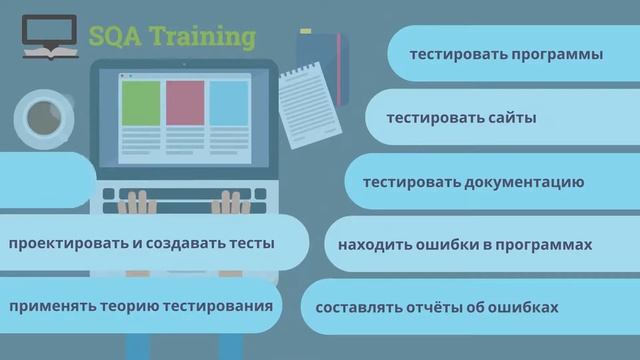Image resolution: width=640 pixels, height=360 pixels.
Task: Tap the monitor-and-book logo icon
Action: tap(50, 38)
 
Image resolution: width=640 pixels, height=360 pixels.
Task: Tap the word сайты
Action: tap(513, 118)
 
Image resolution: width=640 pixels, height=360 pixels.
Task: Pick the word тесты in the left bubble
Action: tap(250, 243)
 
